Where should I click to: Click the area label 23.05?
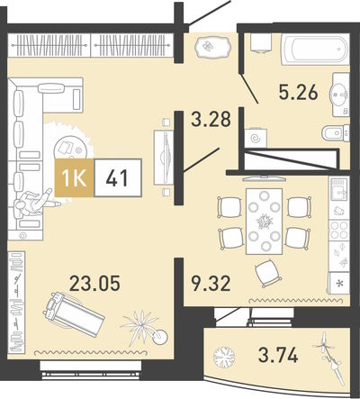pyautogui.click(x=94, y=284)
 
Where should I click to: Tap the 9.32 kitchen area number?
pyautogui.click(x=211, y=284)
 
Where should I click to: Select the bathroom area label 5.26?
pyautogui.click(x=298, y=92)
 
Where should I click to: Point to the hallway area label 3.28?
pyautogui.click(x=211, y=119)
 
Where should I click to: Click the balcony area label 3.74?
pyautogui.click(x=278, y=355)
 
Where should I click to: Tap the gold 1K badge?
pyautogui.click(x=75, y=177)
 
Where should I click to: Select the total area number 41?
pyautogui.click(x=117, y=177)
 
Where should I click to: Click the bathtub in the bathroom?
pyautogui.click(x=315, y=50)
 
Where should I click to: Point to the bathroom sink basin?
pyautogui.click(x=339, y=95)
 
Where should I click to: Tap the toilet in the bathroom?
pyautogui.click(x=335, y=133)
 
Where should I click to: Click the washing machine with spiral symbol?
pyautogui.click(x=256, y=138)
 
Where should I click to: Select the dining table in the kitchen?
pyautogui.click(x=264, y=222)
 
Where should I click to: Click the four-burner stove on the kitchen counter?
pyautogui.click(x=339, y=231)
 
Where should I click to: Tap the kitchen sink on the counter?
pyautogui.click(x=339, y=189)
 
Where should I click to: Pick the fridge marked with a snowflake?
pyautogui.click(x=339, y=283)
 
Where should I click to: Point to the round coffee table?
pyautogui.click(x=71, y=148)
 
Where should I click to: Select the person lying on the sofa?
pyautogui.click(x=36, y=203)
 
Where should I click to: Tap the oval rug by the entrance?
pyautogui.click(x=212, y=47)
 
